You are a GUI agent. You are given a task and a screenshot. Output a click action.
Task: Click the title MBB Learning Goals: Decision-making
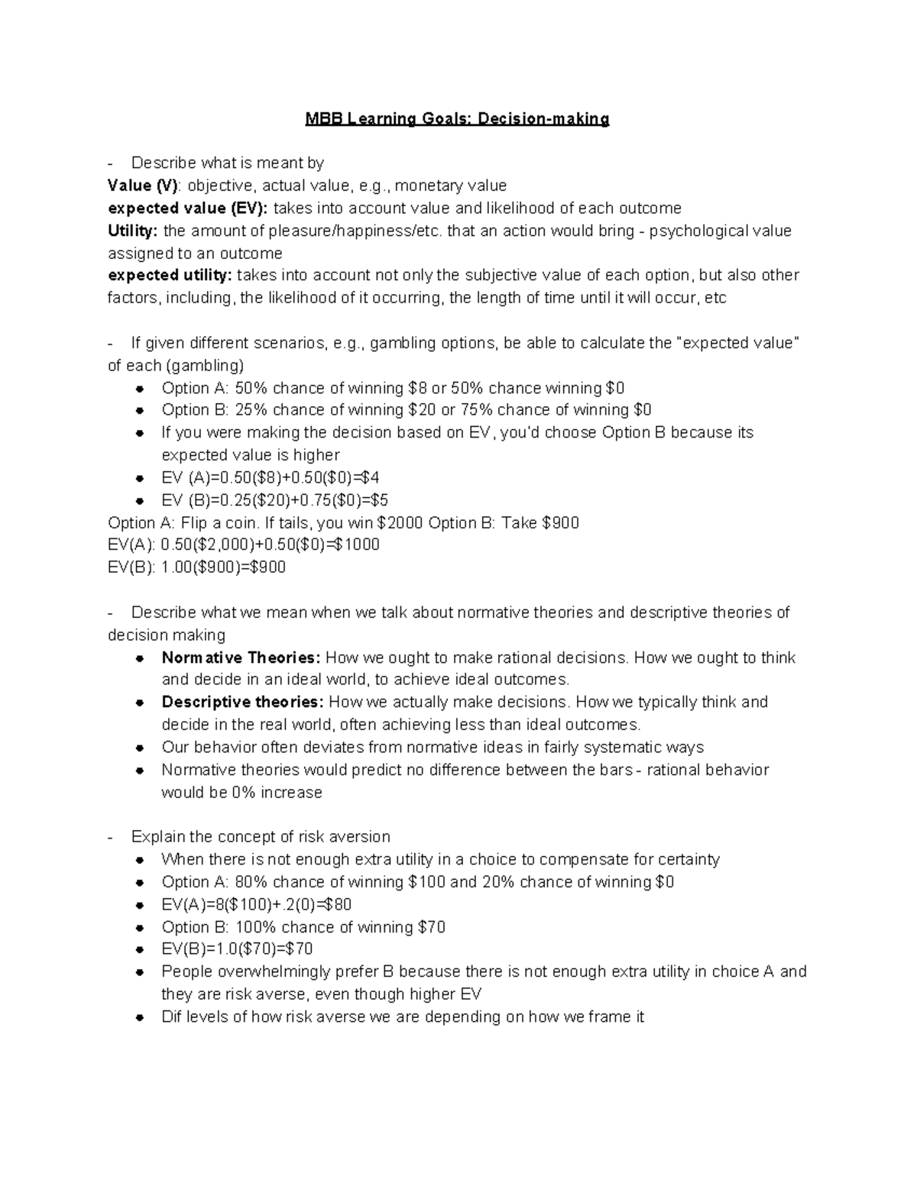pos(457,119)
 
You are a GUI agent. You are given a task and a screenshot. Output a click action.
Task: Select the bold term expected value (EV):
pos(188,208)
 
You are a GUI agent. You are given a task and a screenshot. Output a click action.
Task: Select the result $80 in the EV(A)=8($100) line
pos(338,905)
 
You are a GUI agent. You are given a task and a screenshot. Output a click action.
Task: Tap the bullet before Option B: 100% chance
pos(140,928)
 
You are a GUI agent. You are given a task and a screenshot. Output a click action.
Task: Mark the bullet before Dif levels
pos(140,1018)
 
